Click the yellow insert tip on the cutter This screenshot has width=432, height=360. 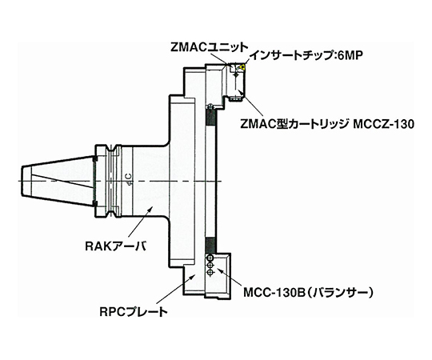tap(242, 66)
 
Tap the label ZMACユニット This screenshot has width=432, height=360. tap(208, 48)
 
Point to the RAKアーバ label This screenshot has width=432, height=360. tap(116, 246)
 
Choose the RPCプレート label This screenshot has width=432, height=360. tap(134, 312)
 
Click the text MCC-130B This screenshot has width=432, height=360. tap(274, 293)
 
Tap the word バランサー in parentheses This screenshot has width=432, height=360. tap(338, 293)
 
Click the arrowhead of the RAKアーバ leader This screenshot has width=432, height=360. tap(150, 209)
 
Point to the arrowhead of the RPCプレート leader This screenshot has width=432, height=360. tap(193, 277)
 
